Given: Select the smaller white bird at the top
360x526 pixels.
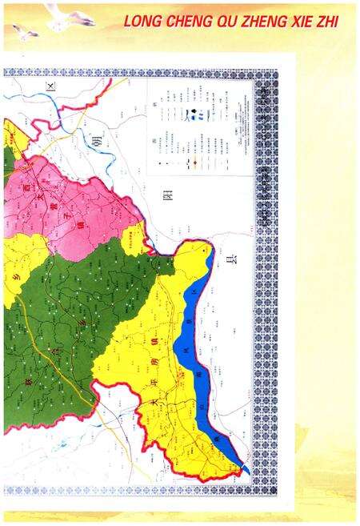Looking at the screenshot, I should [x=24, y=31].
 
